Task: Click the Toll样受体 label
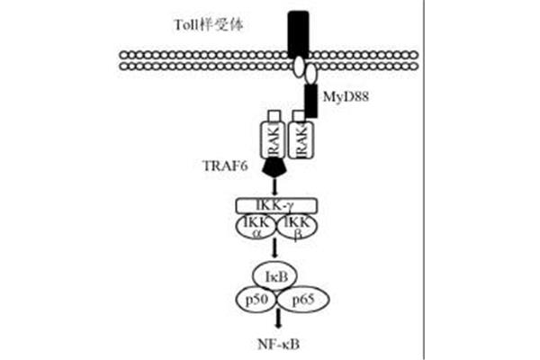(x=209, y=25)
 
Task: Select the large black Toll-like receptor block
(x=298, y=34)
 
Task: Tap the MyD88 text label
(x=346, y=97)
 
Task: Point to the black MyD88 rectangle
(x=311, y=101)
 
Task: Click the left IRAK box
(x=274, y=140)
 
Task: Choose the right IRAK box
(x=301, y=140)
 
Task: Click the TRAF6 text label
(x=224, y=166)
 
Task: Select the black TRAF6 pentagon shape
(x=274, y=167)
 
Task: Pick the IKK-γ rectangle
(x=276, y=206)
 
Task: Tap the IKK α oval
(x=256, y=227)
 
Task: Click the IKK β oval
(x=297, y=227)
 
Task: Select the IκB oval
(x=275, y=276)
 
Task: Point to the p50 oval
(x=257, y=300)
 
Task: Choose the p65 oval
(x=303, y=300)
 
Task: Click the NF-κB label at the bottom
(x=278, y=344)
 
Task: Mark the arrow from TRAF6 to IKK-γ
(x=274, y=186)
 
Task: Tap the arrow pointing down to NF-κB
(x=278, y=320)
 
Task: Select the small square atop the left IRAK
(x=274, y=116)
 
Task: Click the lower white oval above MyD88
(x=311, y=74)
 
